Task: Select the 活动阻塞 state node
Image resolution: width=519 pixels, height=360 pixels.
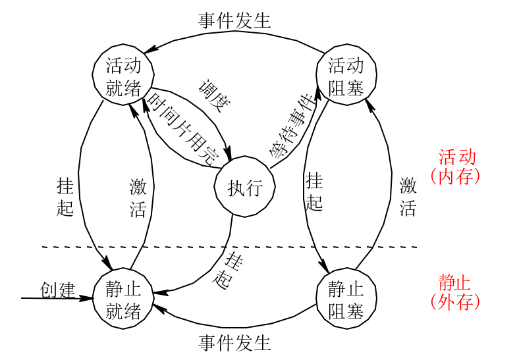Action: click(346, 76)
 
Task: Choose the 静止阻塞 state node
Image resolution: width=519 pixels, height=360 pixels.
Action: click(346, 299)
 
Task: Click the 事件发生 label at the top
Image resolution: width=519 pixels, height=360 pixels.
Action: click(235, 20)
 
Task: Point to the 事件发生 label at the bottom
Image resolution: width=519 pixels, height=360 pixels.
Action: click(235, 343)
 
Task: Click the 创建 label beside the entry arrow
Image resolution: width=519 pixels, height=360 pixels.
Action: click(58, 290)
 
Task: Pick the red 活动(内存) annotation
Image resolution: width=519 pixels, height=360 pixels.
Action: click(456, 167)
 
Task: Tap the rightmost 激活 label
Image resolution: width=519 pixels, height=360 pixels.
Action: click(408, 197)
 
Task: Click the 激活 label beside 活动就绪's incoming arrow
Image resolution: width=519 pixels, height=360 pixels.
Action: click(138, 197)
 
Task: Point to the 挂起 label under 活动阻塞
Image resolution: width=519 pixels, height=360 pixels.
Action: click(315, 191)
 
